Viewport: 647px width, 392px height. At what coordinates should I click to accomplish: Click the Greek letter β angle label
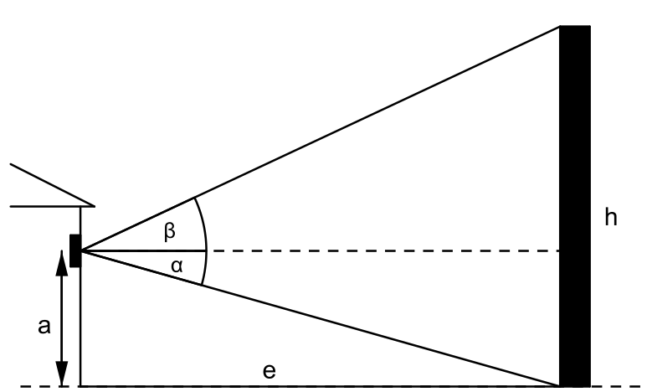point(170,231)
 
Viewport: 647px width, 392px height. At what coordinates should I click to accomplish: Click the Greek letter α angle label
point(177,266)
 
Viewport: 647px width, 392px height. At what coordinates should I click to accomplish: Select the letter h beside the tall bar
point(611,217)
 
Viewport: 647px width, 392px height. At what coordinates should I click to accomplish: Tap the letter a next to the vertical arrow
point(44,326)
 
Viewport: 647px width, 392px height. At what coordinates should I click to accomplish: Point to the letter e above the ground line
point(269,371)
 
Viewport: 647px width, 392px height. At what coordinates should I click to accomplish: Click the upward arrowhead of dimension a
point(62,263)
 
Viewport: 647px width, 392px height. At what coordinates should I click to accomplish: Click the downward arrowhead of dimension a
point(62,374)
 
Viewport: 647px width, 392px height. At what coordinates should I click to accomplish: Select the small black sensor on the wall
point(75,250)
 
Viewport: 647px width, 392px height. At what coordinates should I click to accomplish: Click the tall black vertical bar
point(575,206)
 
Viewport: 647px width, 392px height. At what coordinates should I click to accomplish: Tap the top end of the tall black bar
point(575,26)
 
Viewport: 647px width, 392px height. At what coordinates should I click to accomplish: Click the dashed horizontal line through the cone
point(383,250)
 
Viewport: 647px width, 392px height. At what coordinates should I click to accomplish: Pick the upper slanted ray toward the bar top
point(321,139)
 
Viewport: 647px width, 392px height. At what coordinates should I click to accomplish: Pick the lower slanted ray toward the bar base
point(321,318)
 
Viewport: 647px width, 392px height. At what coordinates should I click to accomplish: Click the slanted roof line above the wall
point(53,185)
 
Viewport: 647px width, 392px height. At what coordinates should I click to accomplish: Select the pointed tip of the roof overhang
point(95,206)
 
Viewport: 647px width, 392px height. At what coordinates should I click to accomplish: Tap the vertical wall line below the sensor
point(81,327)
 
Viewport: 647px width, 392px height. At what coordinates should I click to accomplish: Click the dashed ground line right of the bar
point(616,386)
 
